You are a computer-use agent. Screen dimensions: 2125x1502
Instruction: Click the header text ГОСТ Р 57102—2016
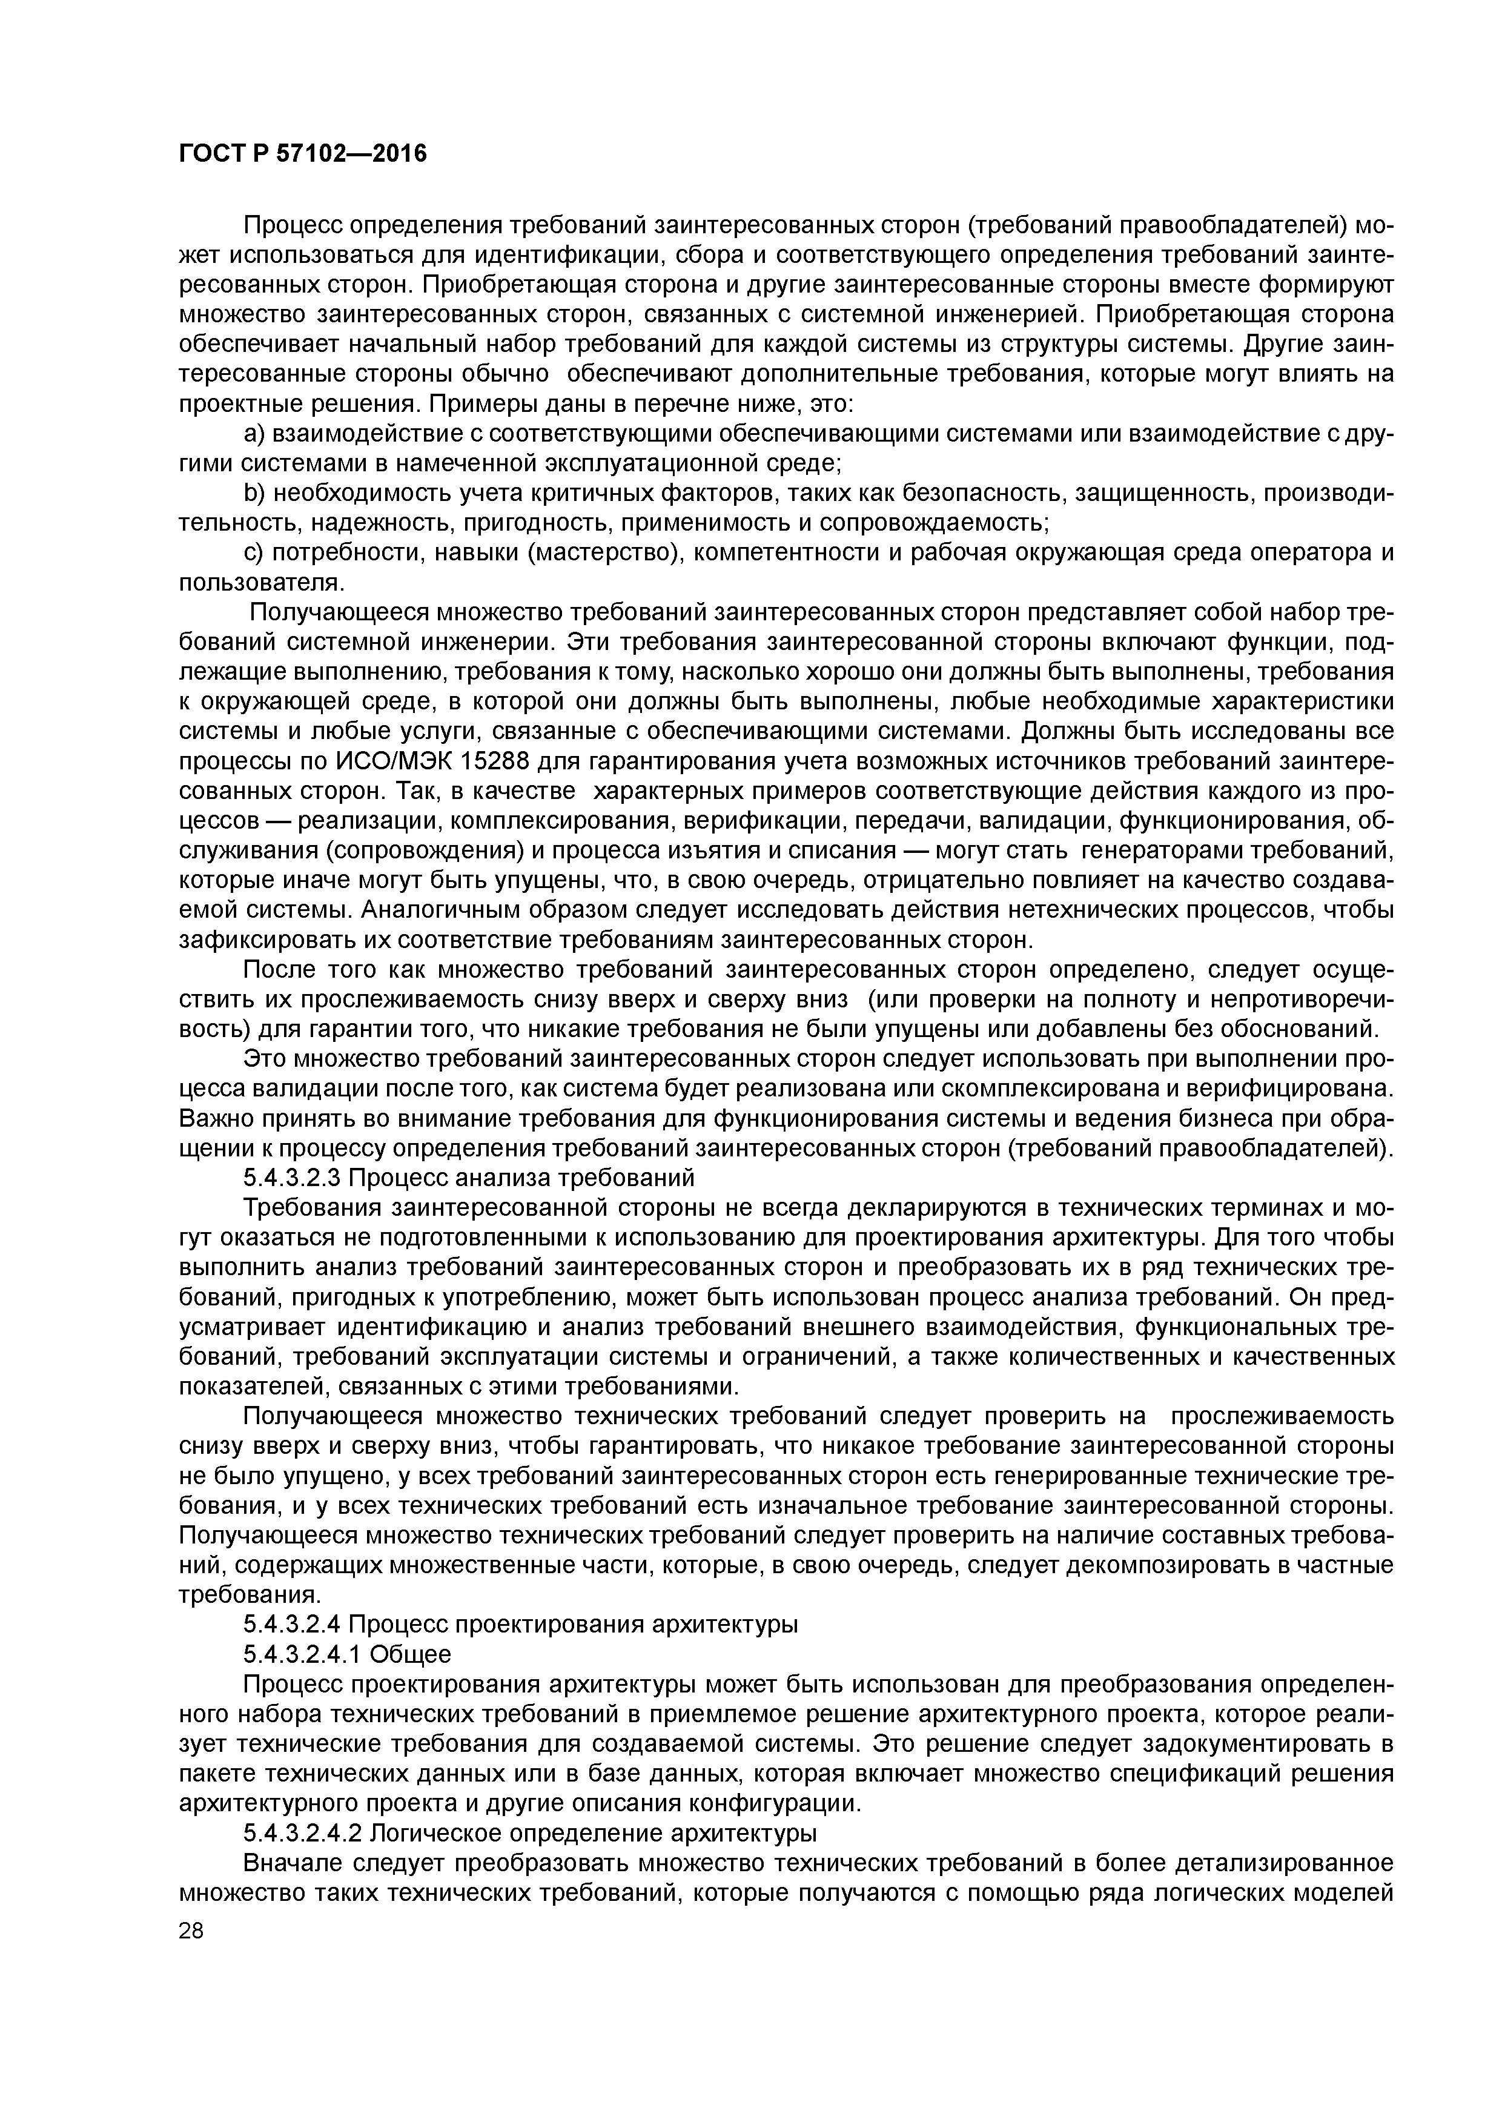pyautogui.click(x=303, y=153)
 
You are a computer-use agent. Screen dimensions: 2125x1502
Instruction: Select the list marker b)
pyautogui.click(x=254, y=493)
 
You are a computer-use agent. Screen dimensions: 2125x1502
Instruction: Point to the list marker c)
pyautogui.click(x=254, y=552)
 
